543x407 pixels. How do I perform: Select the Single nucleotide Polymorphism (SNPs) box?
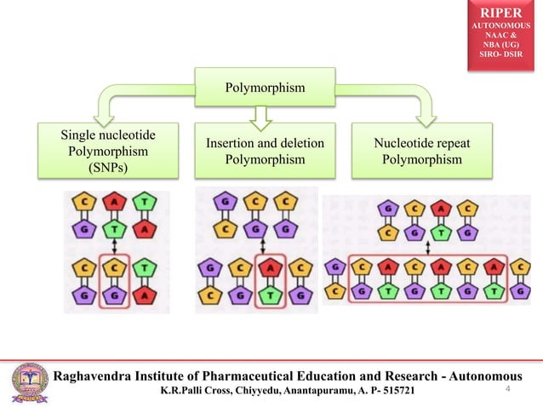(109, 151)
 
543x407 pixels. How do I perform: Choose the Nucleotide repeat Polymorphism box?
(422, 151)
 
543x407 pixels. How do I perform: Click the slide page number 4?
(507, 390)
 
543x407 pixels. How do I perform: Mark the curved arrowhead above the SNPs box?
(109, 108)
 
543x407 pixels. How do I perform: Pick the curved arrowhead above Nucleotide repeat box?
(422, 108)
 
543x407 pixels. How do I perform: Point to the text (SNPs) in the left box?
(109, 168)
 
